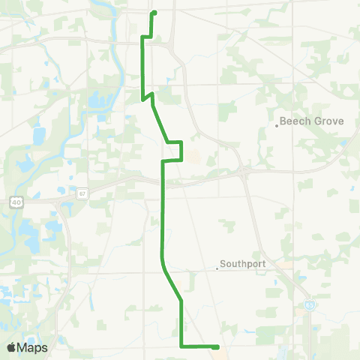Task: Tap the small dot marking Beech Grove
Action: coord(277,125)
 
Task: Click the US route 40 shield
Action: coord(16,202)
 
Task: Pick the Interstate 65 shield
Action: coord(310,305)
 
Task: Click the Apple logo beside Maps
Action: coord(12,347)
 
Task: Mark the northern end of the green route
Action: coord(154,13)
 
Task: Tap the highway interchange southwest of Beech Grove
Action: coord(246,172)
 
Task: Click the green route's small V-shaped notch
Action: coord(147,96)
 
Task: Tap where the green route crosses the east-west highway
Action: coord(163,180)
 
